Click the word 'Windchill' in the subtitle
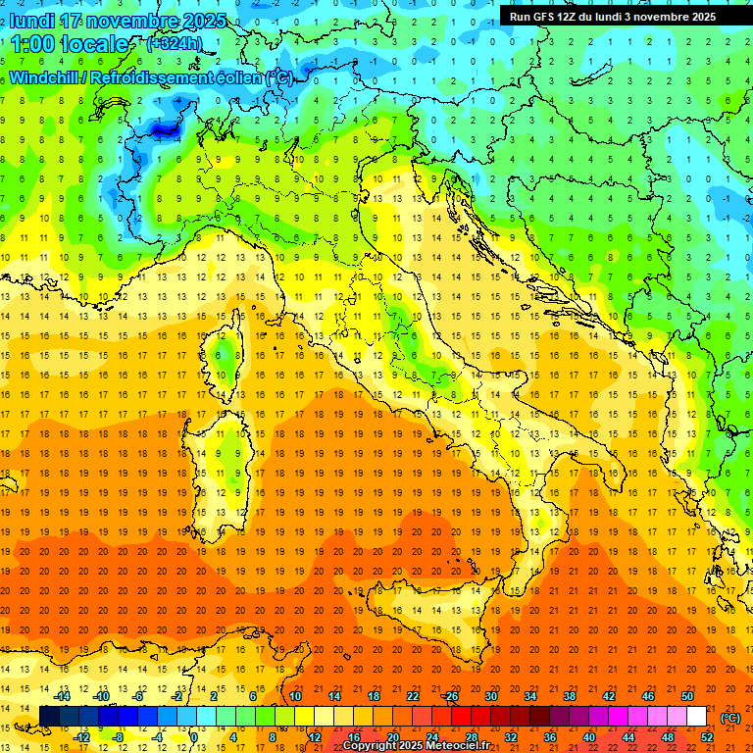pyautogui.click(x=46, y=77)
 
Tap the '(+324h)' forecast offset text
pyautogui.click(x=174, y=43)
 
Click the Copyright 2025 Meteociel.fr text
pyautogui.click(x=416, y=746)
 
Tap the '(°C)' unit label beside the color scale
pyautogui.click(x=730, y=718)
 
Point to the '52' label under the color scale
pyautogui.click(x=706, y=737)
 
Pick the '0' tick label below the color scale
pyautogui.click(x=194, y=737)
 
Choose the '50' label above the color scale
pyautogui.click(x=686, y=696)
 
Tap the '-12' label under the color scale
pyautogui.click(x=81, y=737)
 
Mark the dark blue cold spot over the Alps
pyautogui.click(x=160, y=125)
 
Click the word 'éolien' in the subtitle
pyautogui.click(x=236, y=77)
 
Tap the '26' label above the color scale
pyautogui.click(x=451, y=696)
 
